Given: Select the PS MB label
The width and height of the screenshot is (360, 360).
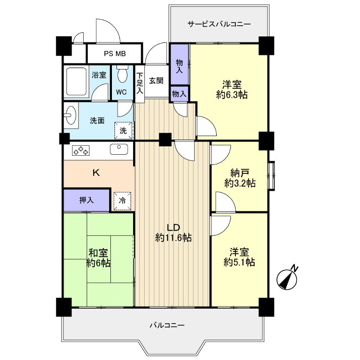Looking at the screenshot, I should pos(115,54).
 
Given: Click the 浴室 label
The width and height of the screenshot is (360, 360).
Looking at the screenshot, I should pos(99,75).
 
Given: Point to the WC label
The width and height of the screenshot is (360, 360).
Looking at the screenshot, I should pos(122,92).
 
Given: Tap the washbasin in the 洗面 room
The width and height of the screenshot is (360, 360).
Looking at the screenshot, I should pos(71,115).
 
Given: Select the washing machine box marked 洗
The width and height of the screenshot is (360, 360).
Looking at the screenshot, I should pos(124,131).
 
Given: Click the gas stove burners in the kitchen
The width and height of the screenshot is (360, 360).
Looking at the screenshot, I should pos(81,150).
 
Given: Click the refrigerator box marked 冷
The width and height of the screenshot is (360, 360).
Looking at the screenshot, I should pos(123,201).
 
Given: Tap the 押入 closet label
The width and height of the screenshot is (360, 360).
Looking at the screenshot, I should pos(87,200).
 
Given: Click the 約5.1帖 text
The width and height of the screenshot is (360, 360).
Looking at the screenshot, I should pos(239,262).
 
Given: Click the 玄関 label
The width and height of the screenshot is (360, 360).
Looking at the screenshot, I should pos(156,80).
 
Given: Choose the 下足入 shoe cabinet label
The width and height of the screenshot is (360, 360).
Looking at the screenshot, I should pos(140,84).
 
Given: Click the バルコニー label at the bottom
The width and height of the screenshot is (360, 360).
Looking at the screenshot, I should pos(167,325).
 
